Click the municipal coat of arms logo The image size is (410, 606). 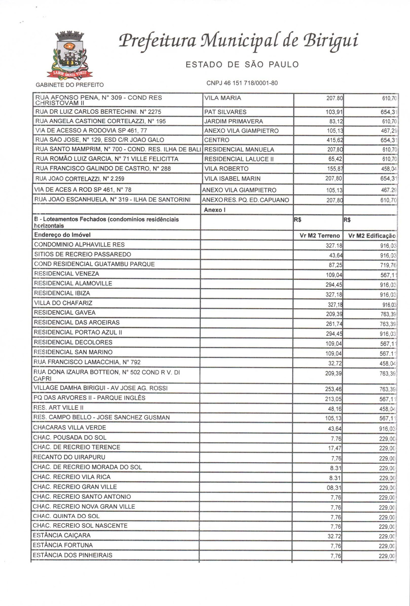click(69, 55)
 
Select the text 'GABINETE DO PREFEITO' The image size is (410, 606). click(70, 85)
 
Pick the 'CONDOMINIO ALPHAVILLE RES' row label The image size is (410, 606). click(79, 245)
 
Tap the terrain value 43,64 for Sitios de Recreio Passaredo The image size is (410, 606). click(335, 255)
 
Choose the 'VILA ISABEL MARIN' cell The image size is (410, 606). click(232, 179)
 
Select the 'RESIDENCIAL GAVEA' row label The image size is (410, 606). click(65, 313)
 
